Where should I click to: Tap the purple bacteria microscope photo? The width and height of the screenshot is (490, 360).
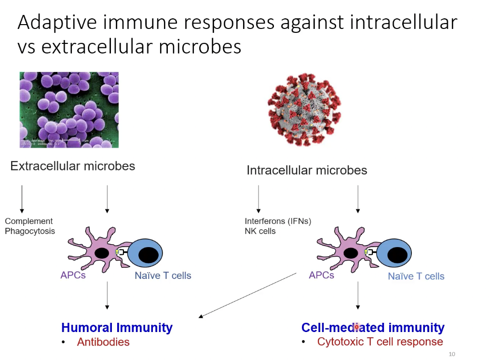(x=69, y=110)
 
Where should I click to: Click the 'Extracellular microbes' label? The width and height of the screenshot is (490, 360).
(x=73, y=166)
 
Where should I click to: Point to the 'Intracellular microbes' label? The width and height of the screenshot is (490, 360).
(x=307, y=170)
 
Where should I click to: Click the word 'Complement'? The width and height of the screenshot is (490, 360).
(x=28, y=221)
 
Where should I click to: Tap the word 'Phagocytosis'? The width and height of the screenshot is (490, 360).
(x=30, y=231)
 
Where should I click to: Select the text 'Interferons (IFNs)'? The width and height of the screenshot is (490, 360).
(x=278, y=222)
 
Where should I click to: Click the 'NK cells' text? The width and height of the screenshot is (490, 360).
(x=260, y=231)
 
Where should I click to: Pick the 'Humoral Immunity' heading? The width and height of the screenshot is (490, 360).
(x=117, y=328)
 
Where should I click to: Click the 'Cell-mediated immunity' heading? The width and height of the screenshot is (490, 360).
(x=373, y=328)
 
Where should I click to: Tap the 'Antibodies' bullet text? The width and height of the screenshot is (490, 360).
(x=103, y=342)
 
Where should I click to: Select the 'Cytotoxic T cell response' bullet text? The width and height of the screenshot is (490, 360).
(x=380, y=342)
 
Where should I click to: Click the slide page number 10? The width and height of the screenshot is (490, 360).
(x=451, y=354)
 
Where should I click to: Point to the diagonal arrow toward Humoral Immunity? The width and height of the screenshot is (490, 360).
(x=247, y=295)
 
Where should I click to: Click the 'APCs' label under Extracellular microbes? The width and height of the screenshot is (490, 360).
(x=73, y=275)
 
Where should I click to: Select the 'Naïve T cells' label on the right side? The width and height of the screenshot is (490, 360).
(x=416, y=277)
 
